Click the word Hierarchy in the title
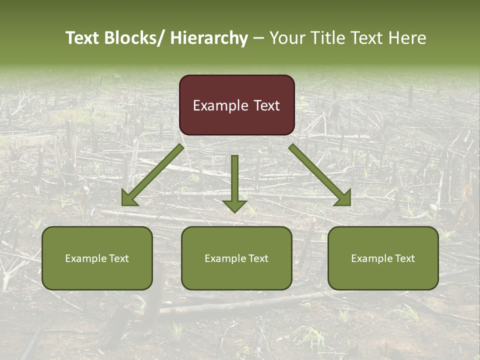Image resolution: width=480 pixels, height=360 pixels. pyautogui.click(x=208, y=38)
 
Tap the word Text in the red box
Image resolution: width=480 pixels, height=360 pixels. pyautogui.click(x=266, y=105)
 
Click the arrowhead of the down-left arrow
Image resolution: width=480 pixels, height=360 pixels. pyautogui.click(x=129, y=198)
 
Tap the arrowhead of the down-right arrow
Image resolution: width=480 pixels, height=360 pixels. pyautogui.click(x=343, y=198)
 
